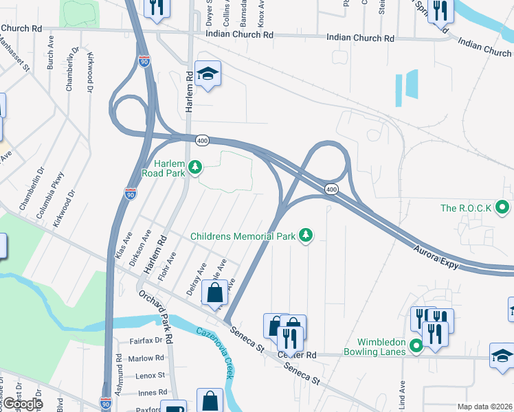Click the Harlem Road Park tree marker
point(195,166)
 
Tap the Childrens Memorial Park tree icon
point(305,236)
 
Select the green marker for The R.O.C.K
point(503,207)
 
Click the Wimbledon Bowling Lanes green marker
point(416,345)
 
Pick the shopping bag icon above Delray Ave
point(214,292)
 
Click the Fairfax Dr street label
point(146,341)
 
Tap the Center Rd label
point(298,356)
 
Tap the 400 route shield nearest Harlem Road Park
point(202,139)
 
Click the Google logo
point(22,404)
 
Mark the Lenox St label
point(150,376)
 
